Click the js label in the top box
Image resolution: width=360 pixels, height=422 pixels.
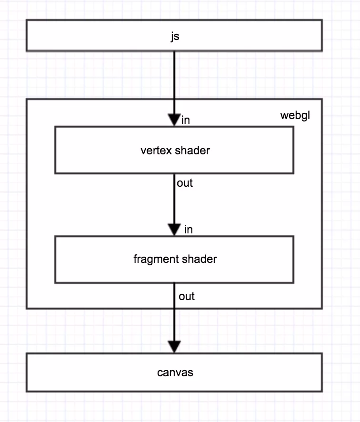tap(175, 36)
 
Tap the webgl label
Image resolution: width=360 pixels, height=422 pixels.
tap(295, 116)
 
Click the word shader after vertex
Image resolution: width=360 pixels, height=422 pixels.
tap(192, 151)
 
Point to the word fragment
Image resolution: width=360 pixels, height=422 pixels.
tap(151, 259)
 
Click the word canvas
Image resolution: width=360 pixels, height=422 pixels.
tap(175, 372)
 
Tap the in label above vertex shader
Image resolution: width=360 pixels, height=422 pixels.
tap(186, 121)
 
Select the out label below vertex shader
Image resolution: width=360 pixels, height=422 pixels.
tap(185, 183)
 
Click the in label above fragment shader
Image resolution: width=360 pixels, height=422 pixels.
tap(189, 230)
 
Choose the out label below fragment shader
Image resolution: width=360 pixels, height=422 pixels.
tap(187, 296)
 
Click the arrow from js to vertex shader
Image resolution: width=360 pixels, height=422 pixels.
tap(174, 81)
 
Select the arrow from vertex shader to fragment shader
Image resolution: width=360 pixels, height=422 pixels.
tap(174, 200)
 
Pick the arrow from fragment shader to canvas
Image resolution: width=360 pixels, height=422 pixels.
tap(174, 319)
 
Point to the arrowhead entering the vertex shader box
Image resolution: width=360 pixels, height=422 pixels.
tap(174, 120)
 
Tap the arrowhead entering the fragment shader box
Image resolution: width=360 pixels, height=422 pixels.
tap(174, 230)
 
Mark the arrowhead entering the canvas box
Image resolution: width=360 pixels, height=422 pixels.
tap(174, 347)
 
